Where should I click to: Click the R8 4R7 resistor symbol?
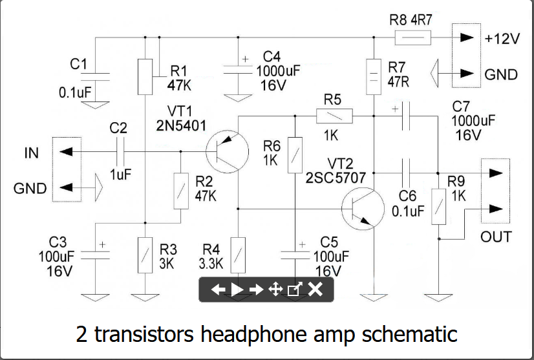pyautogui.click(x=412, y=37)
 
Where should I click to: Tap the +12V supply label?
pyautogui.click(x=502, y=39)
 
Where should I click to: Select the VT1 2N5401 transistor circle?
pyautogui.click(x=227, y=151)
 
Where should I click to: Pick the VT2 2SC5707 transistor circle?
pyautogui.click(x=363, y=209)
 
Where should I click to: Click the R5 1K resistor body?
pyautogui.click(x=334, y=116)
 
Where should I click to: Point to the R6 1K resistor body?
pyautogui.click(x=295, y=155)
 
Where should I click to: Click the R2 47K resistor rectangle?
pyautogui.click(x=181, y=191)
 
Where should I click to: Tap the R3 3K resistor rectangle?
pyautogui.click(x=145, y=255)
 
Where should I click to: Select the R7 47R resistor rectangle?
pyautogui.click(x=374, y=77)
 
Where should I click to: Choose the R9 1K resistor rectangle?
pyautogui.click(x=438, y=207)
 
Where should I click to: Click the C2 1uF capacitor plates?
pyautogui.click(x=120, y=151)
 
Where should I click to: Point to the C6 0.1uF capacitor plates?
pyautogui.click(x=406, y=173)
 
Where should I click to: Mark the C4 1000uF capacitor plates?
pyautogui.click(x=238, y=70)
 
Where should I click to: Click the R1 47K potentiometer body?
pyautogui.click(x=145, y=77)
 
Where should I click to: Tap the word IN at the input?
pyautogui.click(x=31, y=153)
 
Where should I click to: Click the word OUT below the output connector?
pyautogui.click(x=496, y=237)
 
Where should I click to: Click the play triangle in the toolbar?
pyautogui.click(x=237, y=290)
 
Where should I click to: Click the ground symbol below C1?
pyautogui.click(x=96, y=105)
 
